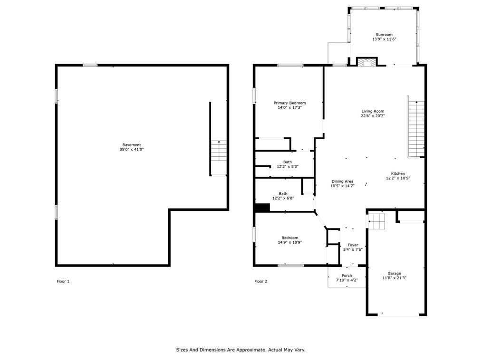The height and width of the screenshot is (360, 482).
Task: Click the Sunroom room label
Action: point(384,35)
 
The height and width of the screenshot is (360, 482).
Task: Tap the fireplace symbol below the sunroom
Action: point(366,62)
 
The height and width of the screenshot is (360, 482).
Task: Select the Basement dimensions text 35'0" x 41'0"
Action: point(132,150)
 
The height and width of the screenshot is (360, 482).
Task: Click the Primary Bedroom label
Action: point(289,103)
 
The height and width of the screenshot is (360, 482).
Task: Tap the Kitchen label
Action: point(398,174)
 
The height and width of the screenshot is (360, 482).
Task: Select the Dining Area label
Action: point(342,181)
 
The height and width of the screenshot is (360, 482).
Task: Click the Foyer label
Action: point(353,245)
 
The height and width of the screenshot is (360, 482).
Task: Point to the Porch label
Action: point(347,276)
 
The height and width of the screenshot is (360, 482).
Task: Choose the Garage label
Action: point(394,274)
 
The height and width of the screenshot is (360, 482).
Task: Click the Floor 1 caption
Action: point(63,282)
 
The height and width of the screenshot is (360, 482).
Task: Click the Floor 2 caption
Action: point(260,282)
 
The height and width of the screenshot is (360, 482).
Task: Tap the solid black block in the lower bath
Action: point(262,208)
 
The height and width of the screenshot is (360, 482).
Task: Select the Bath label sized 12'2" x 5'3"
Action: point(288,162)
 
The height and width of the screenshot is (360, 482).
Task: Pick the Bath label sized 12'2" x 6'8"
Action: point(283,194)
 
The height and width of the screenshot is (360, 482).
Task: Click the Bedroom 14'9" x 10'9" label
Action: point(289,238)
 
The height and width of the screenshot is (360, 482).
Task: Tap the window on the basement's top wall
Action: point(90,65)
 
